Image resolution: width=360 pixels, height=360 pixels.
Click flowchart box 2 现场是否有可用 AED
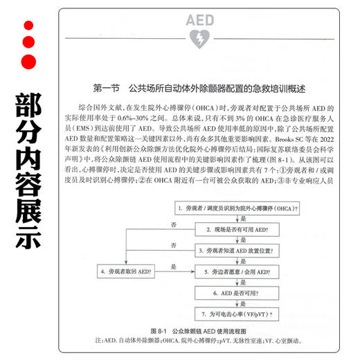[x=237, y=229]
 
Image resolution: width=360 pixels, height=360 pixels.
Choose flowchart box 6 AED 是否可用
[x=237, y=293]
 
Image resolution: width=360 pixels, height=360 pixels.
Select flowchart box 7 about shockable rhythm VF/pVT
[x=237, y=314]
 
